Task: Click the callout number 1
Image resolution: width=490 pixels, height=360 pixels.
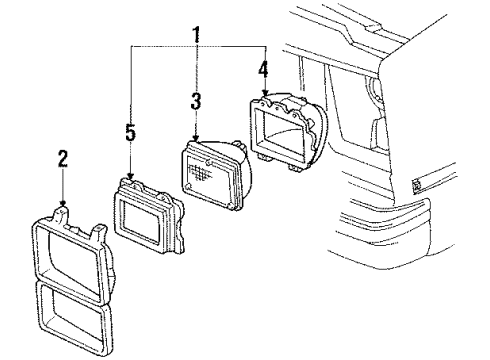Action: [198, 36]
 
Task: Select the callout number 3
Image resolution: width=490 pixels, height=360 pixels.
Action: [196, 100]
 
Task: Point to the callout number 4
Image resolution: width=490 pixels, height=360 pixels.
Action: [264, 71]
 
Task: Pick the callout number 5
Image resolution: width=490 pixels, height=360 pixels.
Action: [131, 132]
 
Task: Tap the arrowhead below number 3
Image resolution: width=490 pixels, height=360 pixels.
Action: [196, 141]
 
